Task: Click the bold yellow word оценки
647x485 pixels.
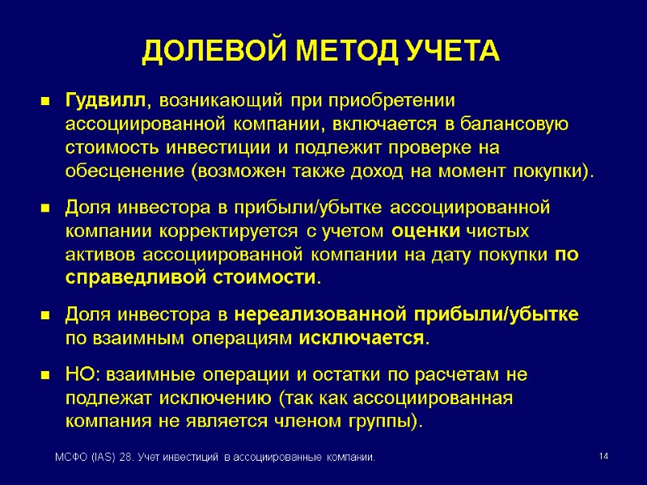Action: (426, 231)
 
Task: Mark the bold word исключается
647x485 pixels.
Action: (362, 337)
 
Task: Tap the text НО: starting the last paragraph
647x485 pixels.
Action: (82, 374)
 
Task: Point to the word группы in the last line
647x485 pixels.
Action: (385, 421)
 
